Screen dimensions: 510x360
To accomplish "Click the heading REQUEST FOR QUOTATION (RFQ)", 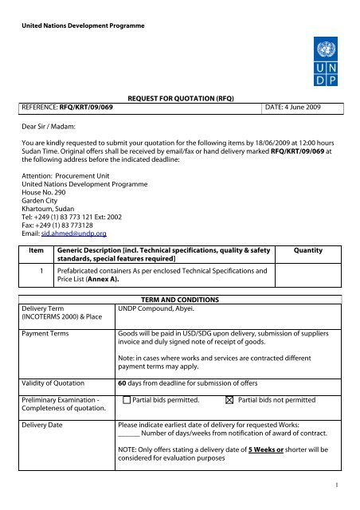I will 179,115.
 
